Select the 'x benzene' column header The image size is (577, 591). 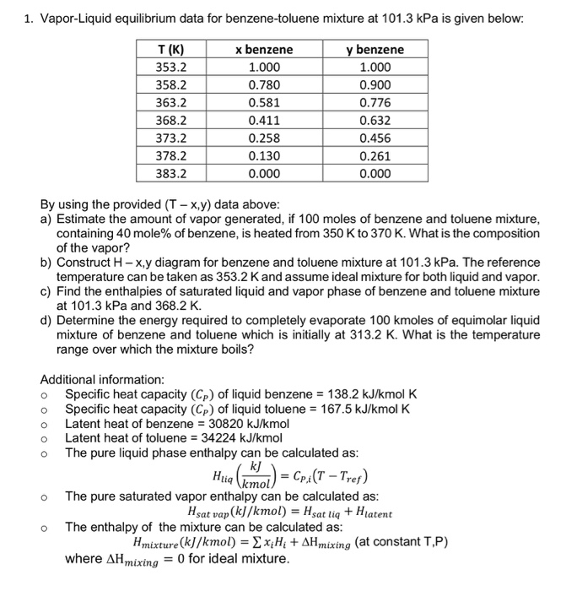pos(264,50)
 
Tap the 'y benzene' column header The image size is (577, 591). pos(375,50)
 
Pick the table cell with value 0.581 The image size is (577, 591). pos(264,102)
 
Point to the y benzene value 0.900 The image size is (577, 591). pos(375,84)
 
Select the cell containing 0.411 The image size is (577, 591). pos(264,120)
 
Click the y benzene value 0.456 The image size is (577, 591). pos(375,138)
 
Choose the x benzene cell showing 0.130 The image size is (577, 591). pos(264,155)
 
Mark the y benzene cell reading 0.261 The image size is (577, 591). pos(375,155)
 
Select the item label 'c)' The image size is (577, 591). pos(46,291)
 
